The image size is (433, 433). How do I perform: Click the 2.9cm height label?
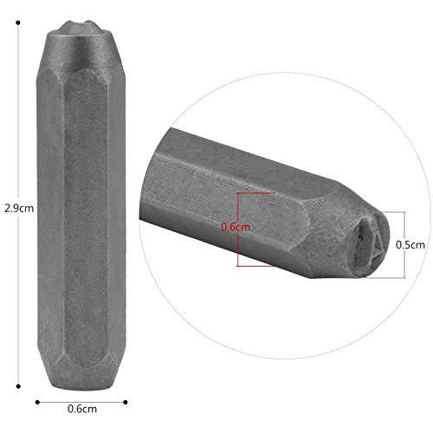19,208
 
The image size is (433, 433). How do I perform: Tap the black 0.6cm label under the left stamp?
82,409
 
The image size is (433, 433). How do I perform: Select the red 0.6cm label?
236,227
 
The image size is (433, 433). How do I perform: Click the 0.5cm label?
410,245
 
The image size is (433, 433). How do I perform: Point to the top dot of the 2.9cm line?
18,23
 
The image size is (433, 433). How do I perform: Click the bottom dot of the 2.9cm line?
18,386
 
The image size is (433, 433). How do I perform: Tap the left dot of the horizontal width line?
37,402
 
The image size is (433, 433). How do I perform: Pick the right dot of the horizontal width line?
126,402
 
